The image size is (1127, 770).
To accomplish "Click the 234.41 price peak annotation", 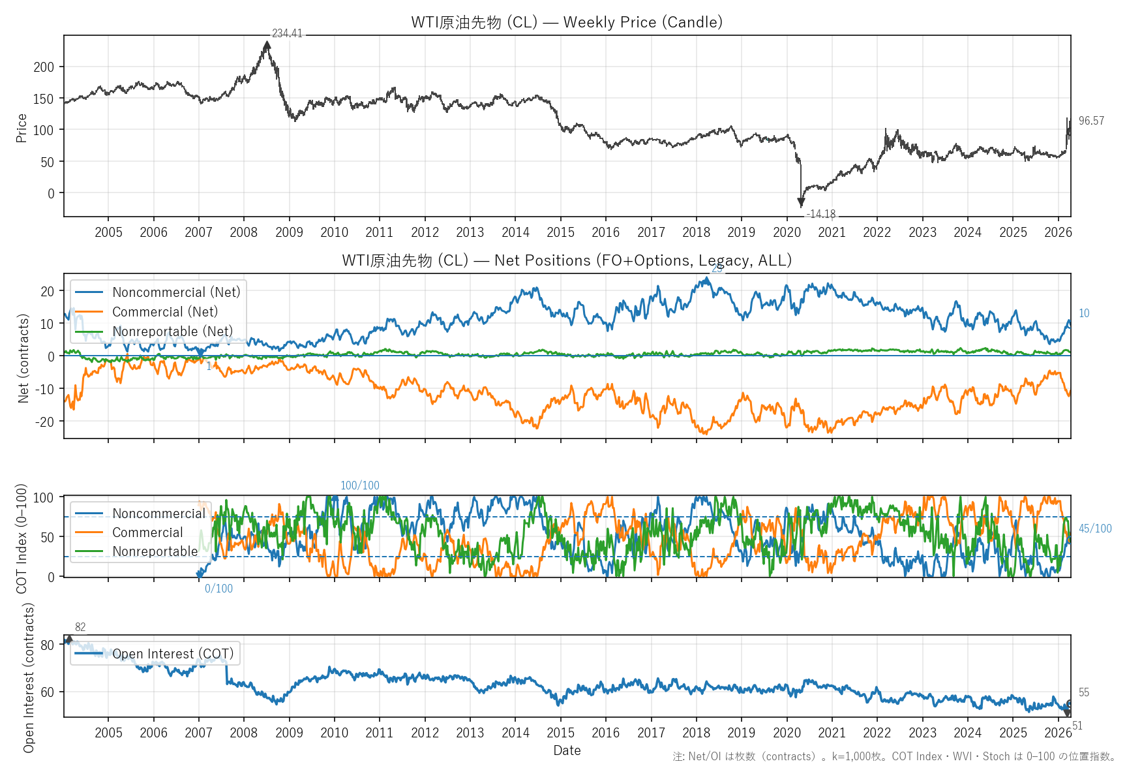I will pyautogui.click(x=287, y=33).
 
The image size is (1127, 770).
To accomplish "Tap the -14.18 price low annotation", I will pyautogui.click(x=820, y=214).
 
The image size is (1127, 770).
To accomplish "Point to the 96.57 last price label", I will pyautogui.click(x=1091, y=121).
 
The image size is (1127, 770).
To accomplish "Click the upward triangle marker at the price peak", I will pyautogui.click(x=267, y=45).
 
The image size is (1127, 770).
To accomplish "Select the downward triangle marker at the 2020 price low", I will pyautogui.click(x=801, y=203).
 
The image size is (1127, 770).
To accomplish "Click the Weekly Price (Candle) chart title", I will pyautogui.click(x=567, y=22).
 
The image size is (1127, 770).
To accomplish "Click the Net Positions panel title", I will pyautogui.click(x=567, y=260).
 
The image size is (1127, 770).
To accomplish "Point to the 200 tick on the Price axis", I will pyautogui.click(x=44, y=67).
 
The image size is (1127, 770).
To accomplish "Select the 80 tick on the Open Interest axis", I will pyautogui.click(x=48, y=645).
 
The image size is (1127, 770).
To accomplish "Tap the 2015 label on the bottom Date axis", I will pyautogui.click(x=560, y=733).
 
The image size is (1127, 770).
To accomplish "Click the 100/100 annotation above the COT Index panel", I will pyautogui.click(x=359, y=485).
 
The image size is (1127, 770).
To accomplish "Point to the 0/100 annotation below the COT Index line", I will pyautogui.click(x=218, y=589).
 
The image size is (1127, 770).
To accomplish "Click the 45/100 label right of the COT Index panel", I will pyautogui.click(x=1095, y=529).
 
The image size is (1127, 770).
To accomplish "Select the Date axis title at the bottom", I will pyautogui.click(x=567, y=750).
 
